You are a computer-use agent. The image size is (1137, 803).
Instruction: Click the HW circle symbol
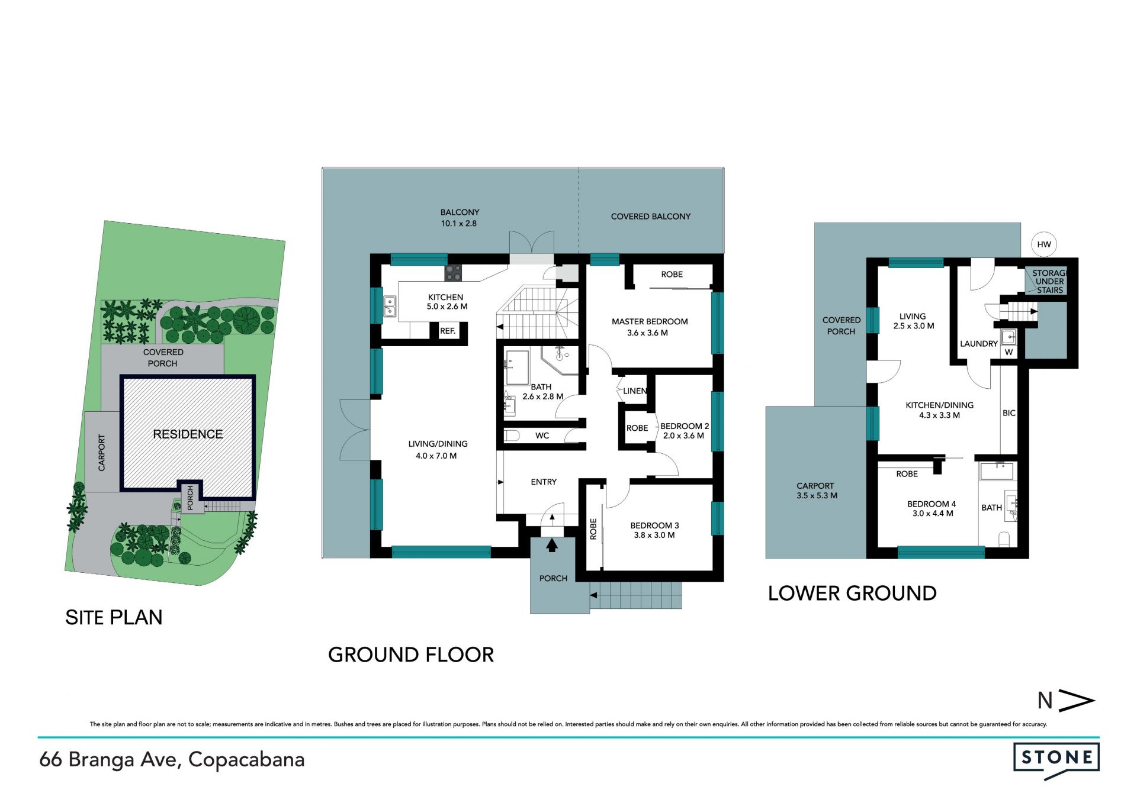[x=1044, y=244]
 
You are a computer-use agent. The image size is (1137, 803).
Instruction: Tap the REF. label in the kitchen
[x=448, y=331]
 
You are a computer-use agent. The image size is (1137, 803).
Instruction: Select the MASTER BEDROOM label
[x=650, y=321]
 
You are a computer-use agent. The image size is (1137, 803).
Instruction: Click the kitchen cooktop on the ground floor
[x=453, y=273]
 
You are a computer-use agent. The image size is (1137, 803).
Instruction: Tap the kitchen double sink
[x=390, y=307]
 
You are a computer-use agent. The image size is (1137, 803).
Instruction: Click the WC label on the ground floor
[x=542, y=436]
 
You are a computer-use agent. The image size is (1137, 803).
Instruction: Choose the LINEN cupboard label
[x=635, y=391]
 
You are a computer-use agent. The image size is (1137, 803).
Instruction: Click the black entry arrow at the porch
[x=552, y=544]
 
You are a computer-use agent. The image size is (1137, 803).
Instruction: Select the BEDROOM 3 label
[x=654, y=525]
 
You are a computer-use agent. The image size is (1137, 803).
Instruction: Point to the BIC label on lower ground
[x=1009, y=413]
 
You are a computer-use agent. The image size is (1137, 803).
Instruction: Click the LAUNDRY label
[x=979, y=344]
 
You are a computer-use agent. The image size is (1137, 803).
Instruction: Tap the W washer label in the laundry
[x=1009, y=352]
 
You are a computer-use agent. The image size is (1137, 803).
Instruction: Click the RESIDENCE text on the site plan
[x=188, y=434]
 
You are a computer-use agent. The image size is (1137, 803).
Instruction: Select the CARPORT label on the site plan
[x=102, y=453]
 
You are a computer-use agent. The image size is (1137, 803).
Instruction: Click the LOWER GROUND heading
[x=852, y=594]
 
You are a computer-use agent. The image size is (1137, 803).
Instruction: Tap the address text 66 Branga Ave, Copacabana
[x=172, y=760]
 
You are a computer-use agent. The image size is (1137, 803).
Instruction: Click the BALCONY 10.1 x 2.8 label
[x=460, y=218]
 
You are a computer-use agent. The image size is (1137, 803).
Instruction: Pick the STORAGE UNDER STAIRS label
[x=1049, y=282]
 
